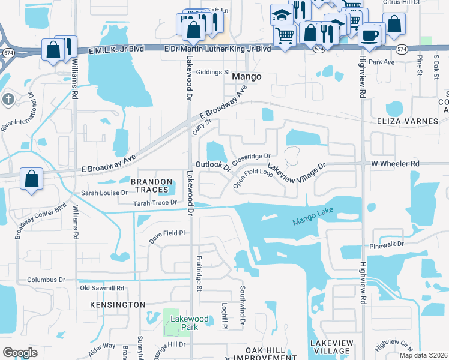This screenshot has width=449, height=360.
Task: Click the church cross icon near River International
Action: click(8, 98)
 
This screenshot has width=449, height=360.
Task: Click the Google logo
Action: click(20, 353)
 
